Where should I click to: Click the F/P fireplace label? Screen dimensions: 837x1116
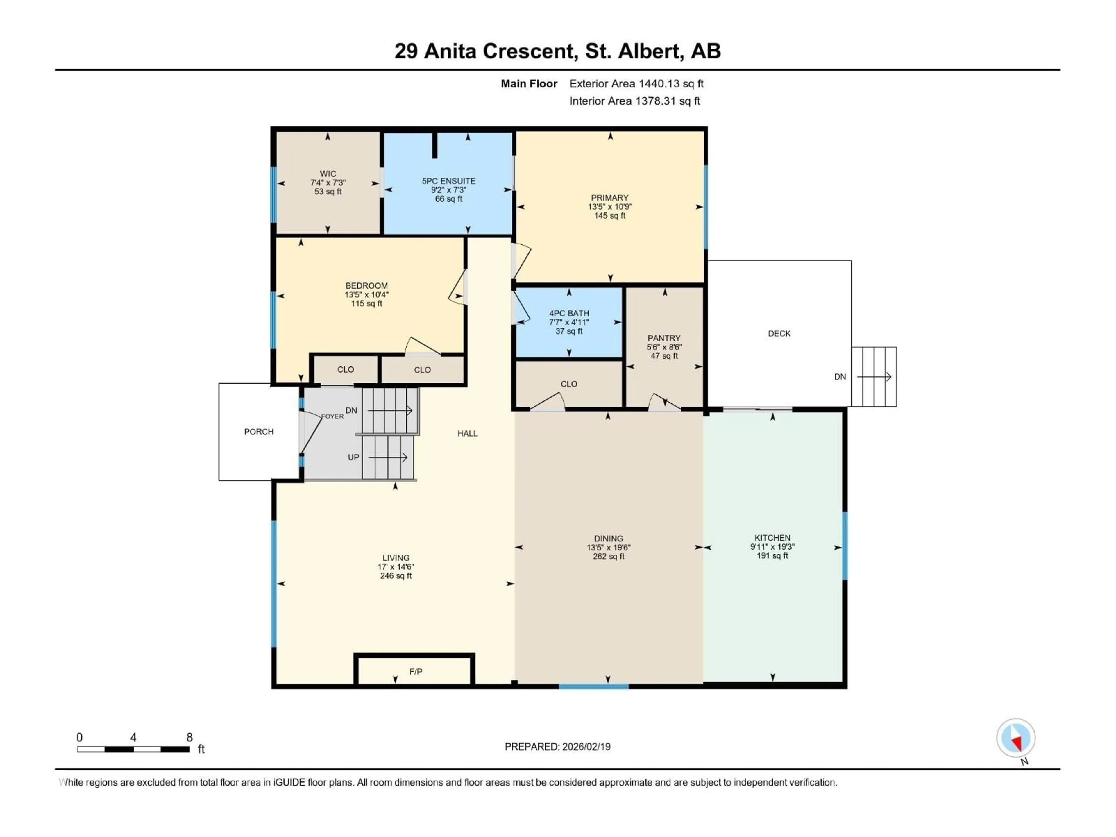416,672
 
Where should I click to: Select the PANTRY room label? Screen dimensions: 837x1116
664,338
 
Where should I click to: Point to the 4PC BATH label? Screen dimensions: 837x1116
569,313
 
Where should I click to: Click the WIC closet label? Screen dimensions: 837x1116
328,174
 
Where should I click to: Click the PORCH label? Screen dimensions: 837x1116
259,432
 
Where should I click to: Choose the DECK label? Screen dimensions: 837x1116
779,333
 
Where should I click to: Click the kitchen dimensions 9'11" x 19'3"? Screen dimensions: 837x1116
772,547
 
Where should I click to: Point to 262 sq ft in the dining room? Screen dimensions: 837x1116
609,557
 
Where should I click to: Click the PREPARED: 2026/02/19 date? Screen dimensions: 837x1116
557,747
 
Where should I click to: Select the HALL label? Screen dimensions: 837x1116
467,433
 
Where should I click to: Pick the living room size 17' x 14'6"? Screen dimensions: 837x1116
396,567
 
